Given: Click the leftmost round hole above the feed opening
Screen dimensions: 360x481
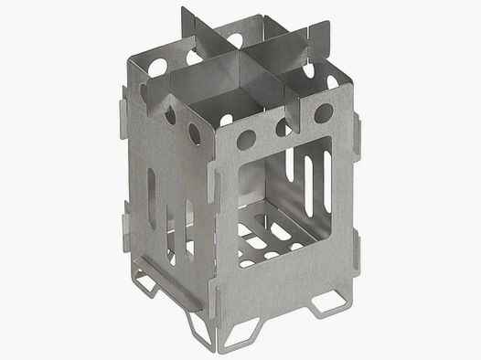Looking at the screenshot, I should point(246,139).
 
